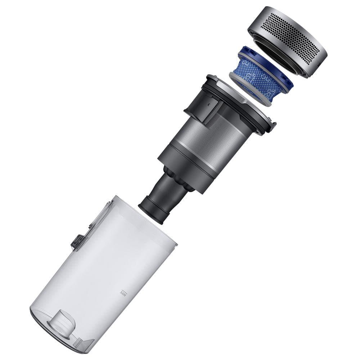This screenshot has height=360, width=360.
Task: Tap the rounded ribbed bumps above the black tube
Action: tap(180, 173)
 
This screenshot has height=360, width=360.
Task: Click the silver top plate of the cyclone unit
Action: tap(230, 94)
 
